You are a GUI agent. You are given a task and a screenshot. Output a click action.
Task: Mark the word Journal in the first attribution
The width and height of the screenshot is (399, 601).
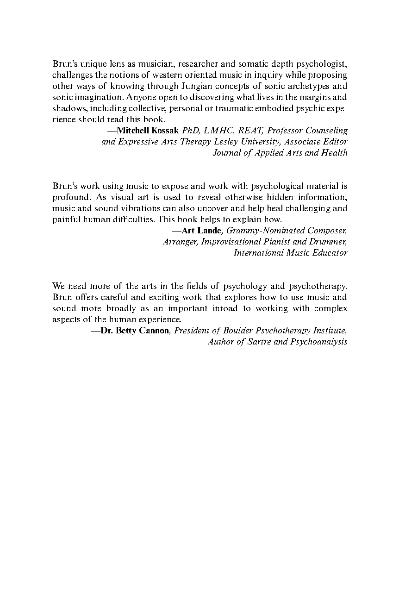pos(225,153)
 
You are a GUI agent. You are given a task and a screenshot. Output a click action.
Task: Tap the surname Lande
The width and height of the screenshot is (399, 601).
pos(209,231)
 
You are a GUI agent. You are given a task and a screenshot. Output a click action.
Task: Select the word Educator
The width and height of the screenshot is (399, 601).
pos(331,253)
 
